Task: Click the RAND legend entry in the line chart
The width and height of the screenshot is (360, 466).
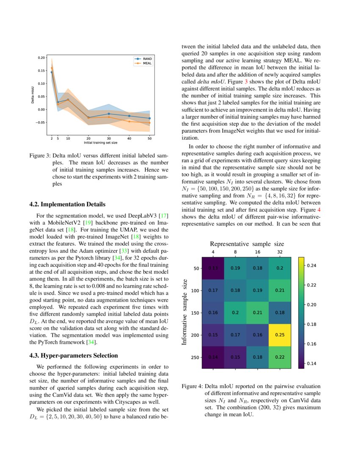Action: coord(147,59)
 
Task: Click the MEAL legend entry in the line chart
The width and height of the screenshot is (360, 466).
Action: coord(147,63)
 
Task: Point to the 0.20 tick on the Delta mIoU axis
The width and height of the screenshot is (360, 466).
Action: coord(41,57)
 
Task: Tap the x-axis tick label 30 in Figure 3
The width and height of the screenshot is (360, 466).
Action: coord(108,138)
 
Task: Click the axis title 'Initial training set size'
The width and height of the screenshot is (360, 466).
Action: coord(100,143)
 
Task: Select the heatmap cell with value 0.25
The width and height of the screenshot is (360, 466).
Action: coord(280,335)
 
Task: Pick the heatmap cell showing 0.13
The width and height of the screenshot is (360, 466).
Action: coord(213,268)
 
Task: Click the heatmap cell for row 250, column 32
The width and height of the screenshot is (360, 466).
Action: coord(280,357)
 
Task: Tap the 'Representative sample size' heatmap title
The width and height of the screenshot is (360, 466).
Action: coord(247,244)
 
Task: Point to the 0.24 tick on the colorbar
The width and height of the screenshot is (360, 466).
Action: coord(312,265)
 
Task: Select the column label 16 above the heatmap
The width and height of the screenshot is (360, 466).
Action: coord(258,252)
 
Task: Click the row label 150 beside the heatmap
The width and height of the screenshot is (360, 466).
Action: coord(195,313)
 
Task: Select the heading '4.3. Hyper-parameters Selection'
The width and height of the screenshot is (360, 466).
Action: coord(67,355)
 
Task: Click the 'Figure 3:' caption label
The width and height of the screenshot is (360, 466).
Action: coord(40,156)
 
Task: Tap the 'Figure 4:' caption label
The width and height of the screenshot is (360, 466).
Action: coord(192,386)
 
